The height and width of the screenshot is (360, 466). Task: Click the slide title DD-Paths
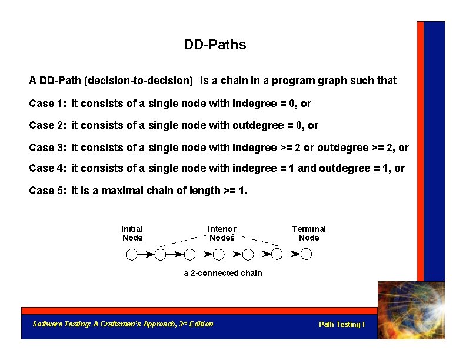(215, 45)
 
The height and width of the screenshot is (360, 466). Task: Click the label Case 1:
(47, 104)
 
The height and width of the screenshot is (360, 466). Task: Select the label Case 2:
(47, 125)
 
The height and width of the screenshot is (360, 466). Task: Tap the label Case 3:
(47, 147)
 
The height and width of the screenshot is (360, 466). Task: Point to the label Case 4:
(47, 168)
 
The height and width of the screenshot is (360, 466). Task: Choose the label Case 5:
(47, 191)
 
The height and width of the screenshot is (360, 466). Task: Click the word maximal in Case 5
(123, 191)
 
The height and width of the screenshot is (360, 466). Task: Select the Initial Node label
(132, 233)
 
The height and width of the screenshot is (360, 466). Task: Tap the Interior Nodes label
(222, 233)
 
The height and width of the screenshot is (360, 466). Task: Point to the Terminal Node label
(309, 233)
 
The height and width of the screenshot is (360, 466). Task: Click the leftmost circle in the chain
(132, 254)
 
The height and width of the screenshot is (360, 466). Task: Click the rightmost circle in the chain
(306, 254)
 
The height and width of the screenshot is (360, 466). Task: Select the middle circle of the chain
(219, 254)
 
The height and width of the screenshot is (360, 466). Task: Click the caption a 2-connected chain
(222, 273)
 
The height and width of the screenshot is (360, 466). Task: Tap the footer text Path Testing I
(341, 325)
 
